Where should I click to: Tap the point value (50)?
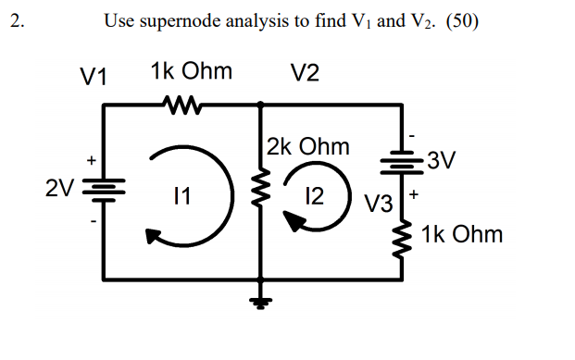pyautogui.click(x=460, y=21)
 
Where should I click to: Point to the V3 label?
pyautogui.click(x=379, y=202)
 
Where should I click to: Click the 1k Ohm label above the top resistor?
pyautogui.click(x=191, y=72)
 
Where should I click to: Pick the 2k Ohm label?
pyautogui.click(x=307, y=146)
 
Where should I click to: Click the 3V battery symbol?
pyautogui.click(x=401, y=164)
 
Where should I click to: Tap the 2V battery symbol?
pyautogui.click(x=103, y=192)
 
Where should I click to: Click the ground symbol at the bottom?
pyautogui.click(x=260, y=301)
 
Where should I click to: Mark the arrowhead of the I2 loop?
pyautogui.click(x=294, y=221)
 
